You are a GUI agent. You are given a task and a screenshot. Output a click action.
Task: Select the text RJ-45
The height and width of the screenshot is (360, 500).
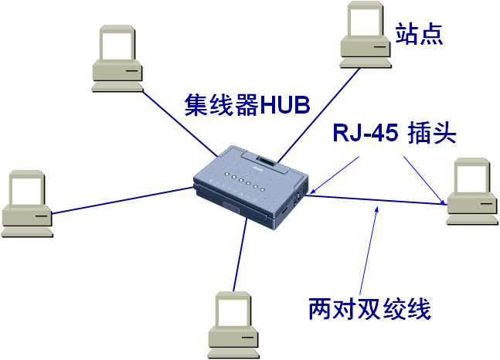(x=364, y=134)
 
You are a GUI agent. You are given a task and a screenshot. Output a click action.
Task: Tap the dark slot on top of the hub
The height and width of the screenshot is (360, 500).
(x=267, y=161)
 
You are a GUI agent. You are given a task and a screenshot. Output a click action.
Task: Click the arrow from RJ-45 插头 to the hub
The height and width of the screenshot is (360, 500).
(x=336, y=173)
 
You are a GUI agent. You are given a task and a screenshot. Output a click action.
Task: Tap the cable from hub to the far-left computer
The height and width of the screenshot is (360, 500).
(x=124, y=199)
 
